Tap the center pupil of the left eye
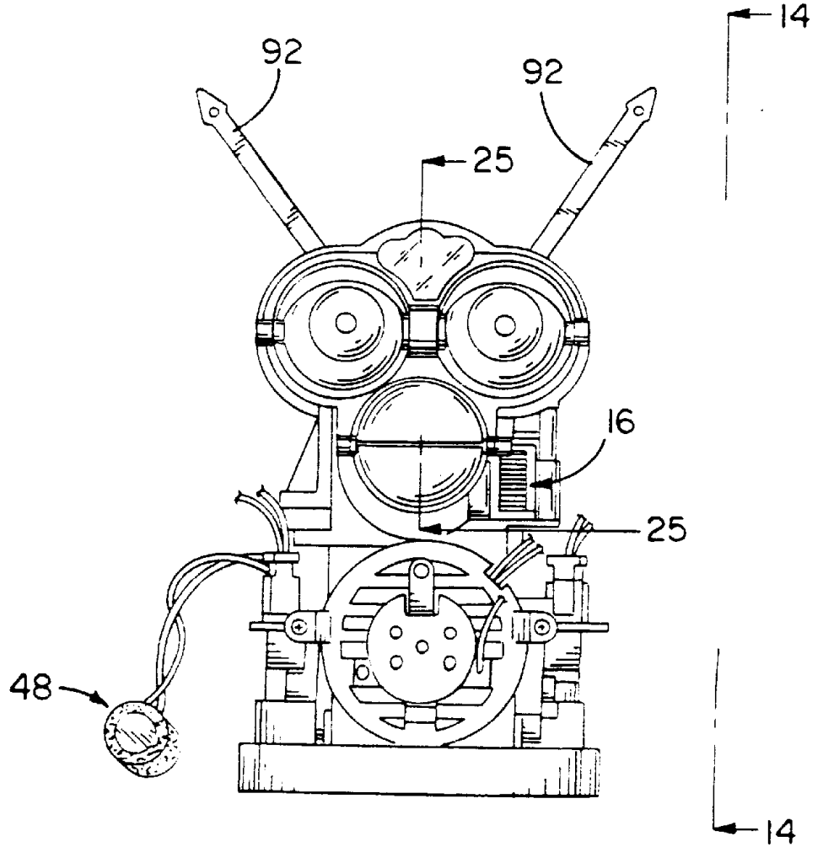(344, 323)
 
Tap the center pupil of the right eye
(504, 323)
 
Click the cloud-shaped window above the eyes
(420, 252)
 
